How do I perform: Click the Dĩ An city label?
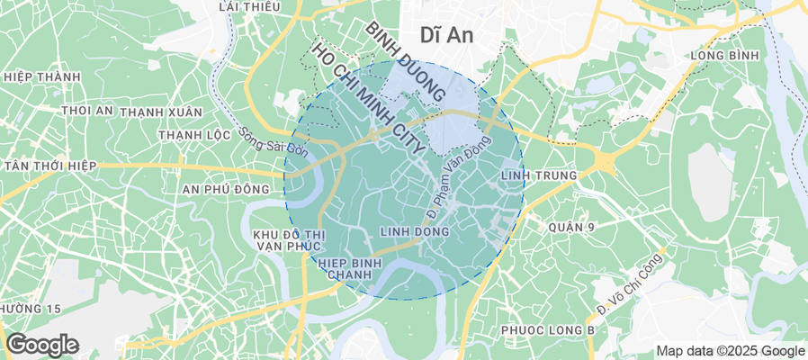(448, 34)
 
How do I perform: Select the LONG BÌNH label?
(725, 56)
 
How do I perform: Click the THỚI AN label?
(87, 111)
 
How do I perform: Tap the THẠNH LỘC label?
(190, 135)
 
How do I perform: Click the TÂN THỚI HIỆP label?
(51, 167)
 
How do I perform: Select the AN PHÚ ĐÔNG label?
(225, 189)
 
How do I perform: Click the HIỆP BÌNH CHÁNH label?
(351, 268)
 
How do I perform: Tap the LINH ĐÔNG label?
(415, 231)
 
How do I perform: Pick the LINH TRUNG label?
(536, 173)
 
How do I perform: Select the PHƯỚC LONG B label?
(549, 330)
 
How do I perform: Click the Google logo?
(41, 345)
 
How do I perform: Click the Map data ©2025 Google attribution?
(730, 351)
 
